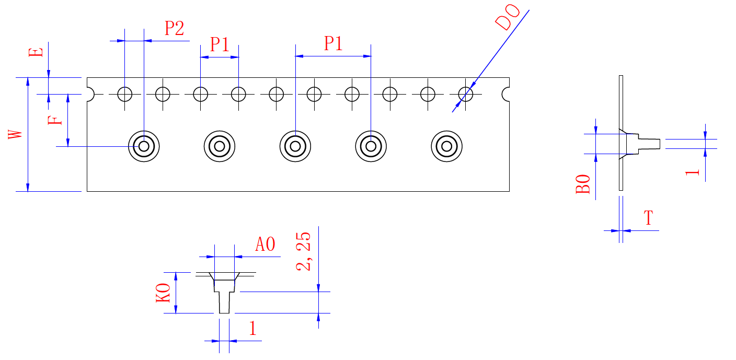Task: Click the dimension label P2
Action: tap(174, 28)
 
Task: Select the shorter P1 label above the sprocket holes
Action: tap(220, 44)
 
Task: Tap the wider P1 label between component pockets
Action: tap(333, 43)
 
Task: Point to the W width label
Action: tap(16, 134)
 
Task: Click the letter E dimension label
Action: tap(36, 53)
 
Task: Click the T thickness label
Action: tap(648, 218)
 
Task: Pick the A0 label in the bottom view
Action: tap(265, 245)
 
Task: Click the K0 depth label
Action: tap(164, 293)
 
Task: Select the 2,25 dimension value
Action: tap(304, 251)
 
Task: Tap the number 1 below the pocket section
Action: tap(252, 329)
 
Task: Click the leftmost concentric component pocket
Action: tap(144, 146)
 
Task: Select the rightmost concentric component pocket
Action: tap(446, 146)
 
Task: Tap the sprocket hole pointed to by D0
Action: tap(466, 95)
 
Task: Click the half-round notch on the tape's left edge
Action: tap(89, 95)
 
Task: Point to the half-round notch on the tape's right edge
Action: tap(506, 95)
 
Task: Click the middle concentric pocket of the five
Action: tap(295, 146)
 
